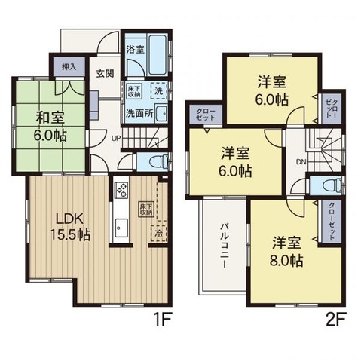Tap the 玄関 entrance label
[x=104, y=72]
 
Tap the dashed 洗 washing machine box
[x=158, y=90]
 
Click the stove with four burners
[x=121, y=190]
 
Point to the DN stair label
[x=300, y=162]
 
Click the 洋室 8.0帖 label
[x=288, y=250]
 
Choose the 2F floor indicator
[x=335, y=319]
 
